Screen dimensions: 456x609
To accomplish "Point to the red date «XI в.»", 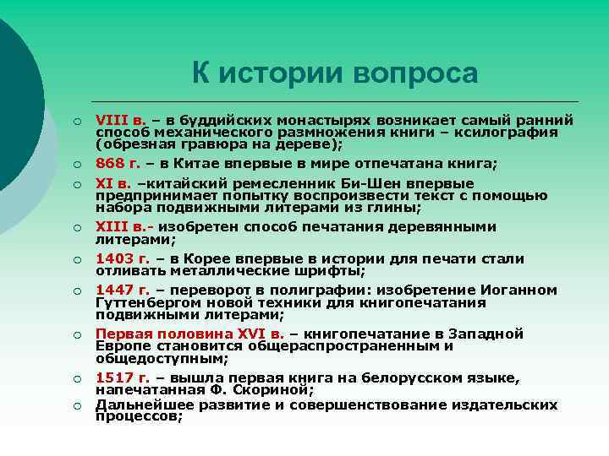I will [113, 183].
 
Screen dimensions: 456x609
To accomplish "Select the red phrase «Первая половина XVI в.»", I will [190, 334].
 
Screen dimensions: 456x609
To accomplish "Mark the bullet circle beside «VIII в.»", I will [76, 121].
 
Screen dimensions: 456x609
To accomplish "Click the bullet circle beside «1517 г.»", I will [76, 378].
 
